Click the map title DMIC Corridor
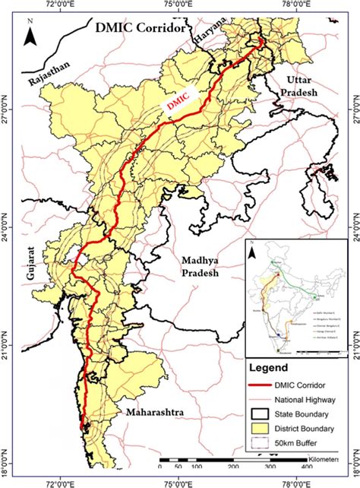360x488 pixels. [x=140, y=29]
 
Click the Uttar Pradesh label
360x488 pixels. [x=304, y=85]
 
